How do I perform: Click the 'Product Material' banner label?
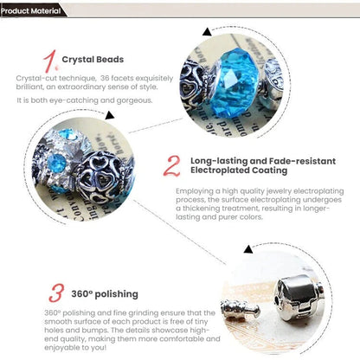[31, 11]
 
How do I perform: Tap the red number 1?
[50, 61]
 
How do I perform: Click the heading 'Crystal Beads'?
[93, 60]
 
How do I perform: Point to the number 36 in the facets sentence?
[104, 78]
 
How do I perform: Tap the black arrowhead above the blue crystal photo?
[207, 32]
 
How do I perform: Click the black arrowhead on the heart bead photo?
[110, 115]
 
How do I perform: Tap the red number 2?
[172, 166]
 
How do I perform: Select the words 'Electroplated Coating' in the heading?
[239, 170]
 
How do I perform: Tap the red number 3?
[56, 293]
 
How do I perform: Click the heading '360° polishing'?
[105, 294]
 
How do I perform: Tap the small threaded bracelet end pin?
[241, 310]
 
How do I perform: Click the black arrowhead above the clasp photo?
[248, 249]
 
